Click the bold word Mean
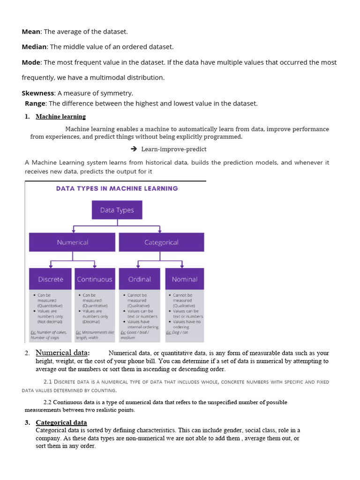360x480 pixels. point(31,31)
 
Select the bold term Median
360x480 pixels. point(34,47)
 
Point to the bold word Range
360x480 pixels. point(35,104)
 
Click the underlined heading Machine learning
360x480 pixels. point(60,117)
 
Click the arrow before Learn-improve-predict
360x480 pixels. point(134,149)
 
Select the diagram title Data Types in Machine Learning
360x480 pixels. point(117,188)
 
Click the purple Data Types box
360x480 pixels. point(117,210)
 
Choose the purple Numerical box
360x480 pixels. point(72,242)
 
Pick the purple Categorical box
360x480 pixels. point(161,242)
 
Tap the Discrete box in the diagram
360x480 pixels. point(51,279)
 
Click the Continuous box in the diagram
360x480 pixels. point(95,279)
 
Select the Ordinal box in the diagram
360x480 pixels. point(140,279)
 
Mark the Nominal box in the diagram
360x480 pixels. point(185,279)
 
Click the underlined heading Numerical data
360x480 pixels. point(62,353)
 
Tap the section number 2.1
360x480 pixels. point(48,382)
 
